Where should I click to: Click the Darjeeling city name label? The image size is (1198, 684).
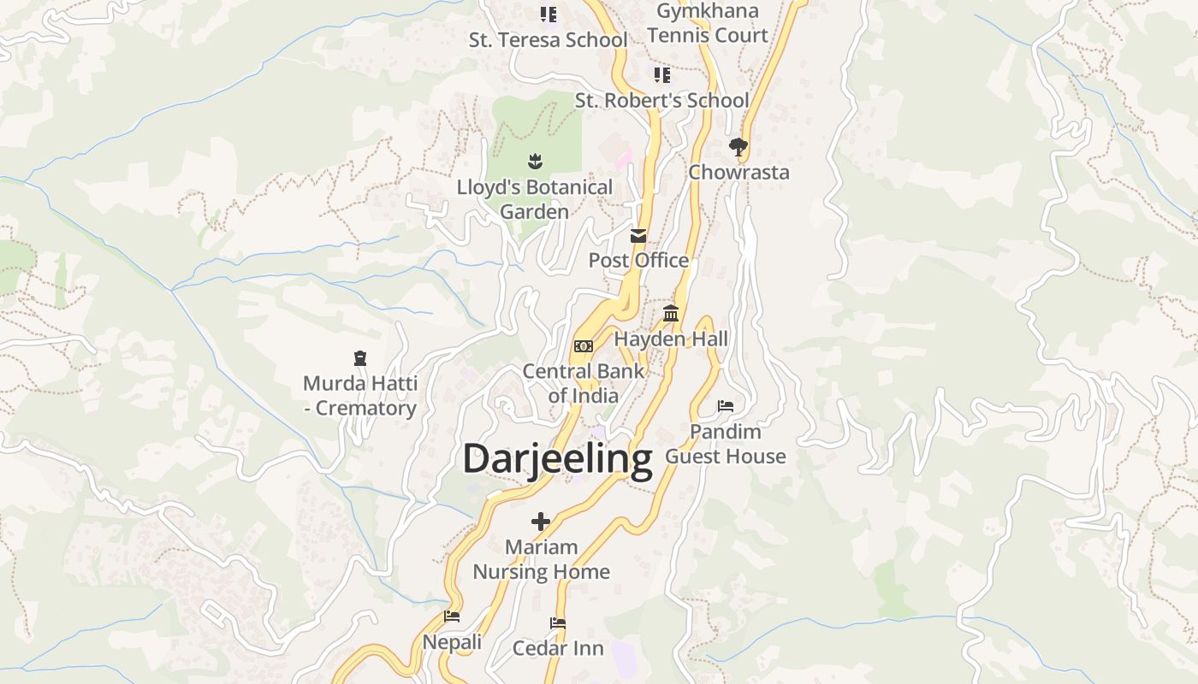click(557, 459)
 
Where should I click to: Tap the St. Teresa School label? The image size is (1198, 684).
click(548, 39)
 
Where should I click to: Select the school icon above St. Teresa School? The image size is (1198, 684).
click(548, 15)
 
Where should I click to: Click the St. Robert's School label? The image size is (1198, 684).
click(661, 100)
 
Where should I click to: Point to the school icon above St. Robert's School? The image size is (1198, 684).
click(661, 75)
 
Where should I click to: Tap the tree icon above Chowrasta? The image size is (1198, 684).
click(738, 147)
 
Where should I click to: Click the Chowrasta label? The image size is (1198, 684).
click(738, 172)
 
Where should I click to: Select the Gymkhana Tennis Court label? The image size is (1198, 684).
click(707, 23)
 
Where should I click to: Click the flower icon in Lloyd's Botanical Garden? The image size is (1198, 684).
click(535, 161)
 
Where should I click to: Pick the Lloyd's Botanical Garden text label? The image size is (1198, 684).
click(535, 199)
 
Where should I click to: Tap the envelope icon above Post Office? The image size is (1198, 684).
click(638, 236)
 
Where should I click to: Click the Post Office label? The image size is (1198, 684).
click(638, 260)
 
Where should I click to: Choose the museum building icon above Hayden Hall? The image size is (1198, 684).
click(671, 314)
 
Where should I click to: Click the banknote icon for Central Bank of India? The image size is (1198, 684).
click(584, 346)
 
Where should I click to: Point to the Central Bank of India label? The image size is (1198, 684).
click(584, 383)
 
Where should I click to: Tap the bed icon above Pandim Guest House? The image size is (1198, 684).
click(726, 406)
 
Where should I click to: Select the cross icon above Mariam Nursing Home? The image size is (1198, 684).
click(541, 521)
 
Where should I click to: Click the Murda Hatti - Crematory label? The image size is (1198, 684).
click(360, 395)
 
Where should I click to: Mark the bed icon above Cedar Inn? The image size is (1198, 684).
click(558, 623)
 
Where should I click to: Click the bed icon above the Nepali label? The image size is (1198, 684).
click(452, 616)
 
